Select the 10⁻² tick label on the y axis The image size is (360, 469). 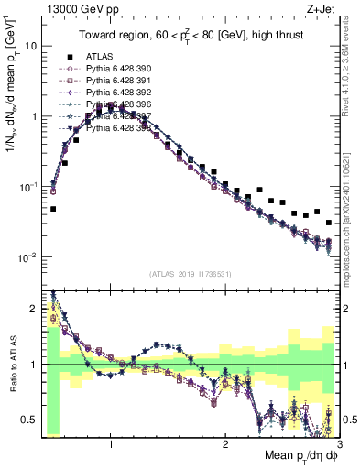[x=27, y=257]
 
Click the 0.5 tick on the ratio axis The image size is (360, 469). [x=29, y=420]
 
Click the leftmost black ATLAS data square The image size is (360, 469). [x=53, y=209]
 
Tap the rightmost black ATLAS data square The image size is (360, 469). [x=328, y=223]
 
